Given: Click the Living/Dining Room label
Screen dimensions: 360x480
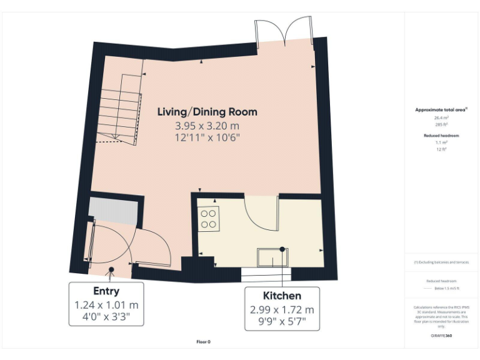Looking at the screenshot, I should point(207,112).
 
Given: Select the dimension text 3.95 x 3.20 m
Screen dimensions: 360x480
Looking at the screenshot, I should point(207,125).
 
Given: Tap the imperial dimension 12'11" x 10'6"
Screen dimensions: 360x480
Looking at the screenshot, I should point(207,137).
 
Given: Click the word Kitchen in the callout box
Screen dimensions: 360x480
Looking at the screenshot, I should point(281,296).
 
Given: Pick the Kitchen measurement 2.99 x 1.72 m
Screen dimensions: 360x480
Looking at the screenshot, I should point(281,309).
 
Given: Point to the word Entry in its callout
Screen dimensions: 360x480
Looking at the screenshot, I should point(106,291).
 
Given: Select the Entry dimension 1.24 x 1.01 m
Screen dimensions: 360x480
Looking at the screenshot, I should point(106,305).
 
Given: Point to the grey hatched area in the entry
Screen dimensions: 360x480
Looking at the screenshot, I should point(112,211).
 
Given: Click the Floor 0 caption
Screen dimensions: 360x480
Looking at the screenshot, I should point(204,342).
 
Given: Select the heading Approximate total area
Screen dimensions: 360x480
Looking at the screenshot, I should point(442,109).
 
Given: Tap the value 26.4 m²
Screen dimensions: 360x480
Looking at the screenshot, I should point(442,117).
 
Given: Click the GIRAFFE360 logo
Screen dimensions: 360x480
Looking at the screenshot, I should point(442,336).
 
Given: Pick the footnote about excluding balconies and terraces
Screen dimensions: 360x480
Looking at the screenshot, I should point(442,262).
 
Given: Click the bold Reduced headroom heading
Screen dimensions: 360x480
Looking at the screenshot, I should point(442,135).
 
